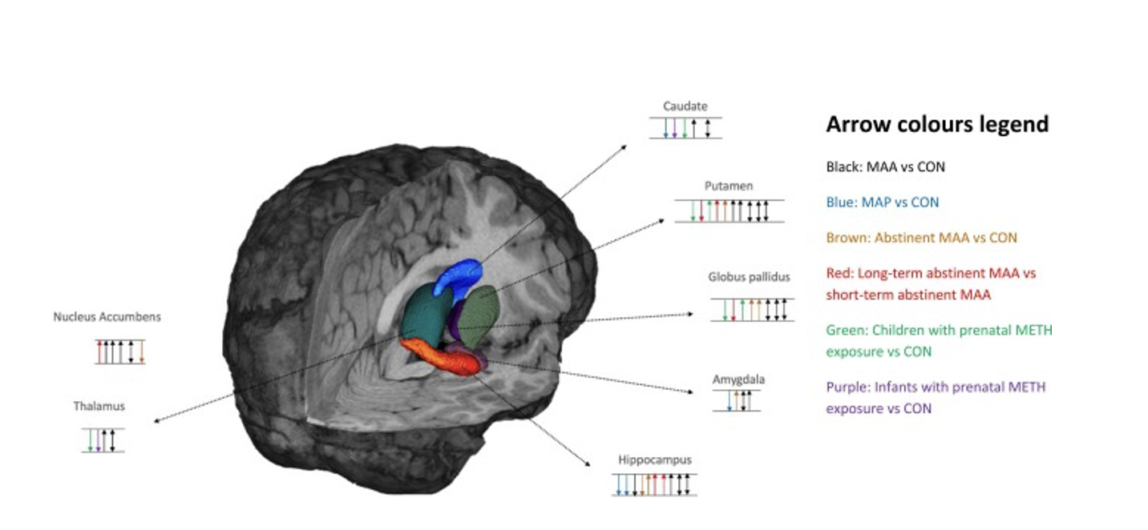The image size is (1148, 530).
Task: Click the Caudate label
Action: click(x=685, y=106)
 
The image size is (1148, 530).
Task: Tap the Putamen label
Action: click(x=728, y=186)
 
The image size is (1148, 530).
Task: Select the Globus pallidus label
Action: click(x=749, y=277)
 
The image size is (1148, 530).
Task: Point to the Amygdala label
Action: click(x=738, y=379)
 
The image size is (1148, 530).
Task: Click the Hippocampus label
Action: click(x=654, y=460)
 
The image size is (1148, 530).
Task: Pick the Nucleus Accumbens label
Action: click(x=107, y=316)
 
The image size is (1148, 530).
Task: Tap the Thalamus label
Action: click(x=99, y=406)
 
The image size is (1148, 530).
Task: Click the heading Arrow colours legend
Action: click(x=936, y=124)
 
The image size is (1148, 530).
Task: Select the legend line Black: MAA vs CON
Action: click(x=885, y=167)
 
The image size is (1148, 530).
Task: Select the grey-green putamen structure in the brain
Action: click(x=480, y=314)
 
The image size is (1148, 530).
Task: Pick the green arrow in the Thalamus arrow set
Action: click(x=90, y=440)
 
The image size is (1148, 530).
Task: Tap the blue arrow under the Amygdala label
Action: click(x=729, y=400)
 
